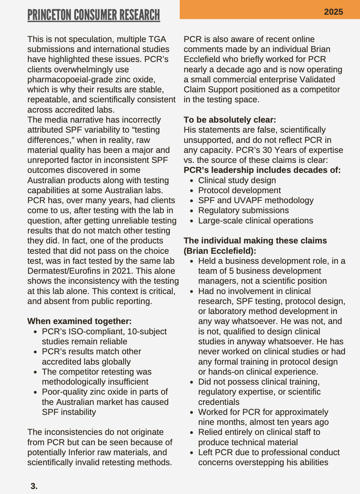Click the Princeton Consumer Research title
click(94, 15)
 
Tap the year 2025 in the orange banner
click(333, 12)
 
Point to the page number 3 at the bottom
click(34, 486)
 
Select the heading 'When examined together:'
click(79, 321)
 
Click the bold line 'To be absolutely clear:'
click(230, 120)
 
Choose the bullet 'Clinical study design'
click(237, 180)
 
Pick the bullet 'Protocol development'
click(239, 190)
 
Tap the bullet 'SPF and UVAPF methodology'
click(256, 200)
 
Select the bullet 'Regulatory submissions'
click(243, 211)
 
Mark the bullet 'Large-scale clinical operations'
click(255, 221)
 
